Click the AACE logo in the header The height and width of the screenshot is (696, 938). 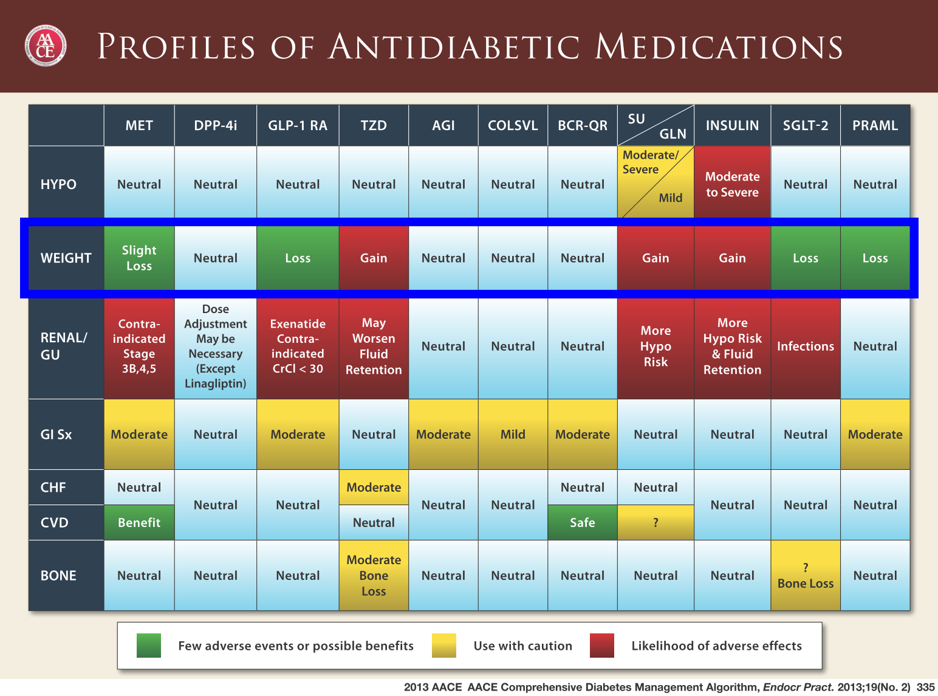pyautogui.click(x=45, y=46)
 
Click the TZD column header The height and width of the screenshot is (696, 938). pyautogui.click(x=374, y=125)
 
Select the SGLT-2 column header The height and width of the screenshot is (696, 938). pyautogui.click(x=806, y=125)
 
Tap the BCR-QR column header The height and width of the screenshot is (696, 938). pyautogui.click(x=583, y=125)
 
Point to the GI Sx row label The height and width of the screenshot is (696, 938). pyautogui.click(x=56, y=435)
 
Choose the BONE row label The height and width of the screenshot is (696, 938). pyautogui.click(x=58, y=576)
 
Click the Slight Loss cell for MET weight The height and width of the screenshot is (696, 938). pyautogui.click(x=139, y=258)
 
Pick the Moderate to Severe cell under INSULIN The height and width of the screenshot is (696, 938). pyautogui.click(x=732, y=184)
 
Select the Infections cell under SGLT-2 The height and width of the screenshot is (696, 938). pyautogui.click(x=806, y=346)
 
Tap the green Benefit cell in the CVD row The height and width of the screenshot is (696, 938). pyautogui.click(x=139, y=523)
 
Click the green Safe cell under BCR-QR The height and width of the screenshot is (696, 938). pyautogui.click(x=583, y=523)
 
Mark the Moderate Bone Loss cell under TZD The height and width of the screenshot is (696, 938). pyautogui.click(x=374, y=576)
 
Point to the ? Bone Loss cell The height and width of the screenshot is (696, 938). pyautogui.click(x=806, y=576)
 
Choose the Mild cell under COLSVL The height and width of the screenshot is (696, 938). pyautogui.click(x=513, y=435)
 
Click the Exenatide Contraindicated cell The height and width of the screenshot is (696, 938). pyautogui.click(x=298, y=346)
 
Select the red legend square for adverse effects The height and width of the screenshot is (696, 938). pyautogui.click(x=601, y=646)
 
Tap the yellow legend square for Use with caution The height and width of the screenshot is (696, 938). pyautogui.click(x=444, y=646)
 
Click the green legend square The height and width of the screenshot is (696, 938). pyautogui.click(x=149, y=646)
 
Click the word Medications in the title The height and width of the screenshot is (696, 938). pyautogui.click(x=719, y=47)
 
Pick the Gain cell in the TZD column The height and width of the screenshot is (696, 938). pyautogui.click(x=374, y=258)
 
